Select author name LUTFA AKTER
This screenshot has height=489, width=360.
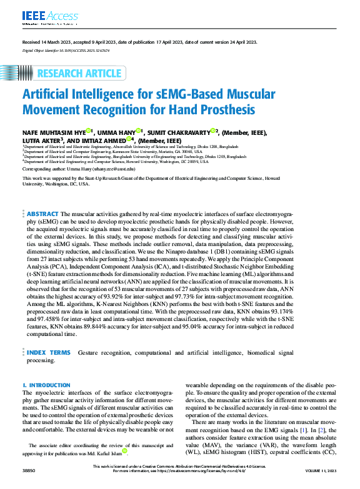point(41,141)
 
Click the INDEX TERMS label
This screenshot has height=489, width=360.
point(48,353)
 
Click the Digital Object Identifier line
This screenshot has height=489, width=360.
point(66,49)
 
